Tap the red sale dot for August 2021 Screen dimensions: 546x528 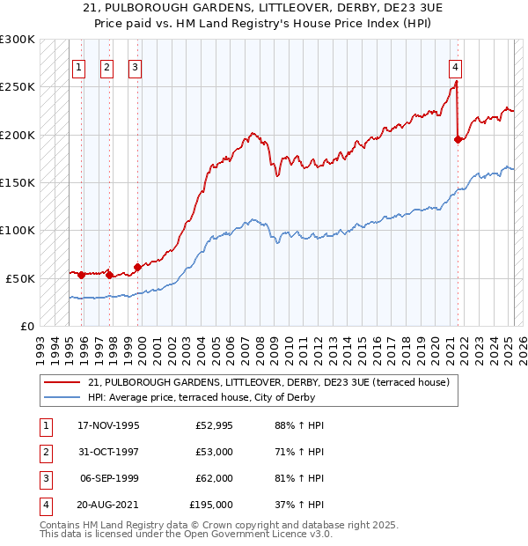[458, 139]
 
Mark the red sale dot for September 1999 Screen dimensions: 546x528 [137, 267]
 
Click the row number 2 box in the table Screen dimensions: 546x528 [45, 452]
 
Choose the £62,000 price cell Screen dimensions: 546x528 [214, 478]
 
